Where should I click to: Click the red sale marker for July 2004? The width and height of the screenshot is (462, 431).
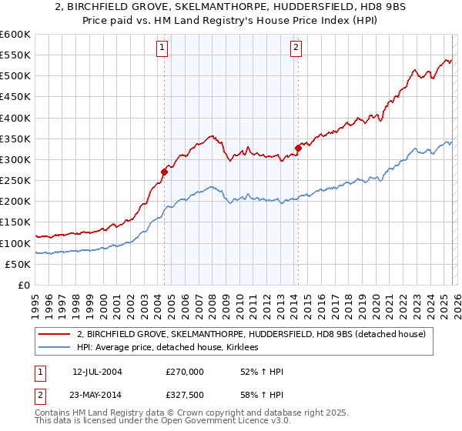(164, 172)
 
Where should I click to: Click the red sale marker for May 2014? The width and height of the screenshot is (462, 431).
(298, 148)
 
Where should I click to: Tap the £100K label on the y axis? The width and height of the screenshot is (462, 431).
(16, 243)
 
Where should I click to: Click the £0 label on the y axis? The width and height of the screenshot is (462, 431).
(23, 285)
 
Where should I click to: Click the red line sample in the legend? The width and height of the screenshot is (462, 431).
(55, 334)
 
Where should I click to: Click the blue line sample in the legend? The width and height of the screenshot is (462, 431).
(55, 348)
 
